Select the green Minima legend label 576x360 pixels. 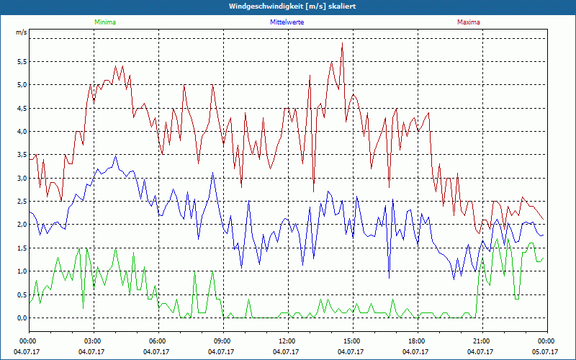104,22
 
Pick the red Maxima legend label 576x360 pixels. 469,22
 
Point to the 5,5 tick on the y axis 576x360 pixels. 22,62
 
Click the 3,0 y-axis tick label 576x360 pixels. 22,179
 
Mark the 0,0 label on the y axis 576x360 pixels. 22,318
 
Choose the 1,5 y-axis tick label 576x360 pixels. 22,248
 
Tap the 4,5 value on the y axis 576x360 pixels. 22,109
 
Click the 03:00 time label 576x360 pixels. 93,341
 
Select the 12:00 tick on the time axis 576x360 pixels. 287,341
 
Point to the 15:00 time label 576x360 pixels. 352,341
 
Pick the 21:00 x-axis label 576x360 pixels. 482,341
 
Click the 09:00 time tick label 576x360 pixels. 222,341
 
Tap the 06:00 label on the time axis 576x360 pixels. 158,341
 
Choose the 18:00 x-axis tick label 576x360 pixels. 417,341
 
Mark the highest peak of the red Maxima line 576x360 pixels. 342,43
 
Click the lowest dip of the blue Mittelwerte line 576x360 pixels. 389,278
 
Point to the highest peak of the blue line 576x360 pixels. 116,156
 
